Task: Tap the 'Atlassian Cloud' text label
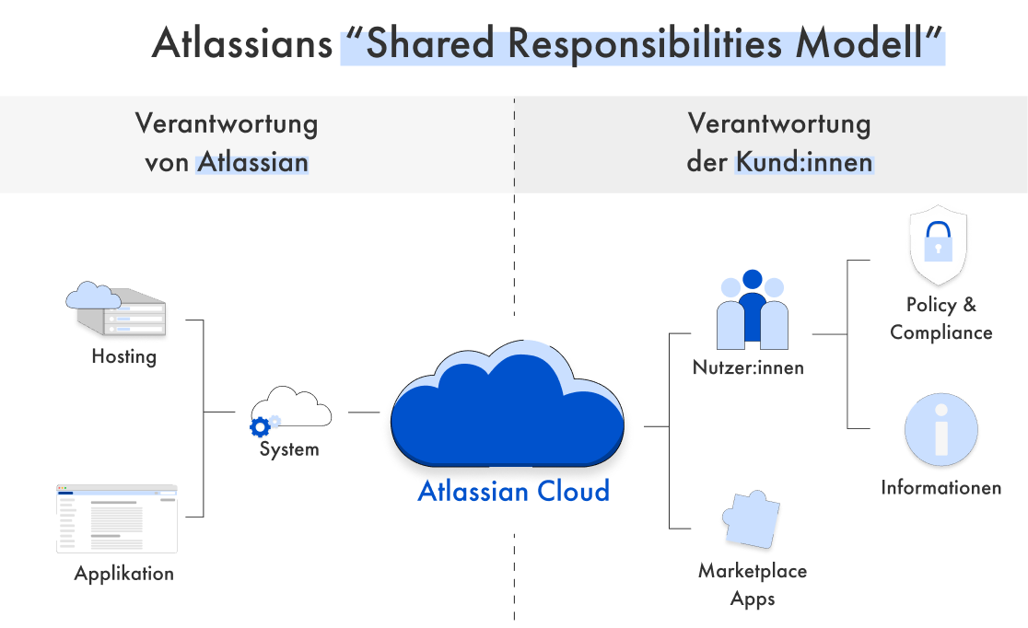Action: tap(513, 491)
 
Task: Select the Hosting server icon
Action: tap(116, 309)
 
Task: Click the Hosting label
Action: tap(123, 356)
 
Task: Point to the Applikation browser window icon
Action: tap(116, 518)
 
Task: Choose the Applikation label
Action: tap(123, 574)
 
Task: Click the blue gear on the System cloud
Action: tap(261, 426)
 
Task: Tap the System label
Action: tap(289, 449)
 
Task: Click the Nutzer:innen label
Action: tap(748, 367)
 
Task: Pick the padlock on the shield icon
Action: tap(938, 240)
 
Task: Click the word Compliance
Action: tap(940, 332)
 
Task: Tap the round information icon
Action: tap(940, 430)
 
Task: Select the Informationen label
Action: tap(940, 487)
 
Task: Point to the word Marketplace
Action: tap(752, 571)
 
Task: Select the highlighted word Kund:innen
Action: tap(803, 163)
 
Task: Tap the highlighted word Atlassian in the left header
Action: tap(253, 163)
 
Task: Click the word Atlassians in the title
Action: tap(242, 44)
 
